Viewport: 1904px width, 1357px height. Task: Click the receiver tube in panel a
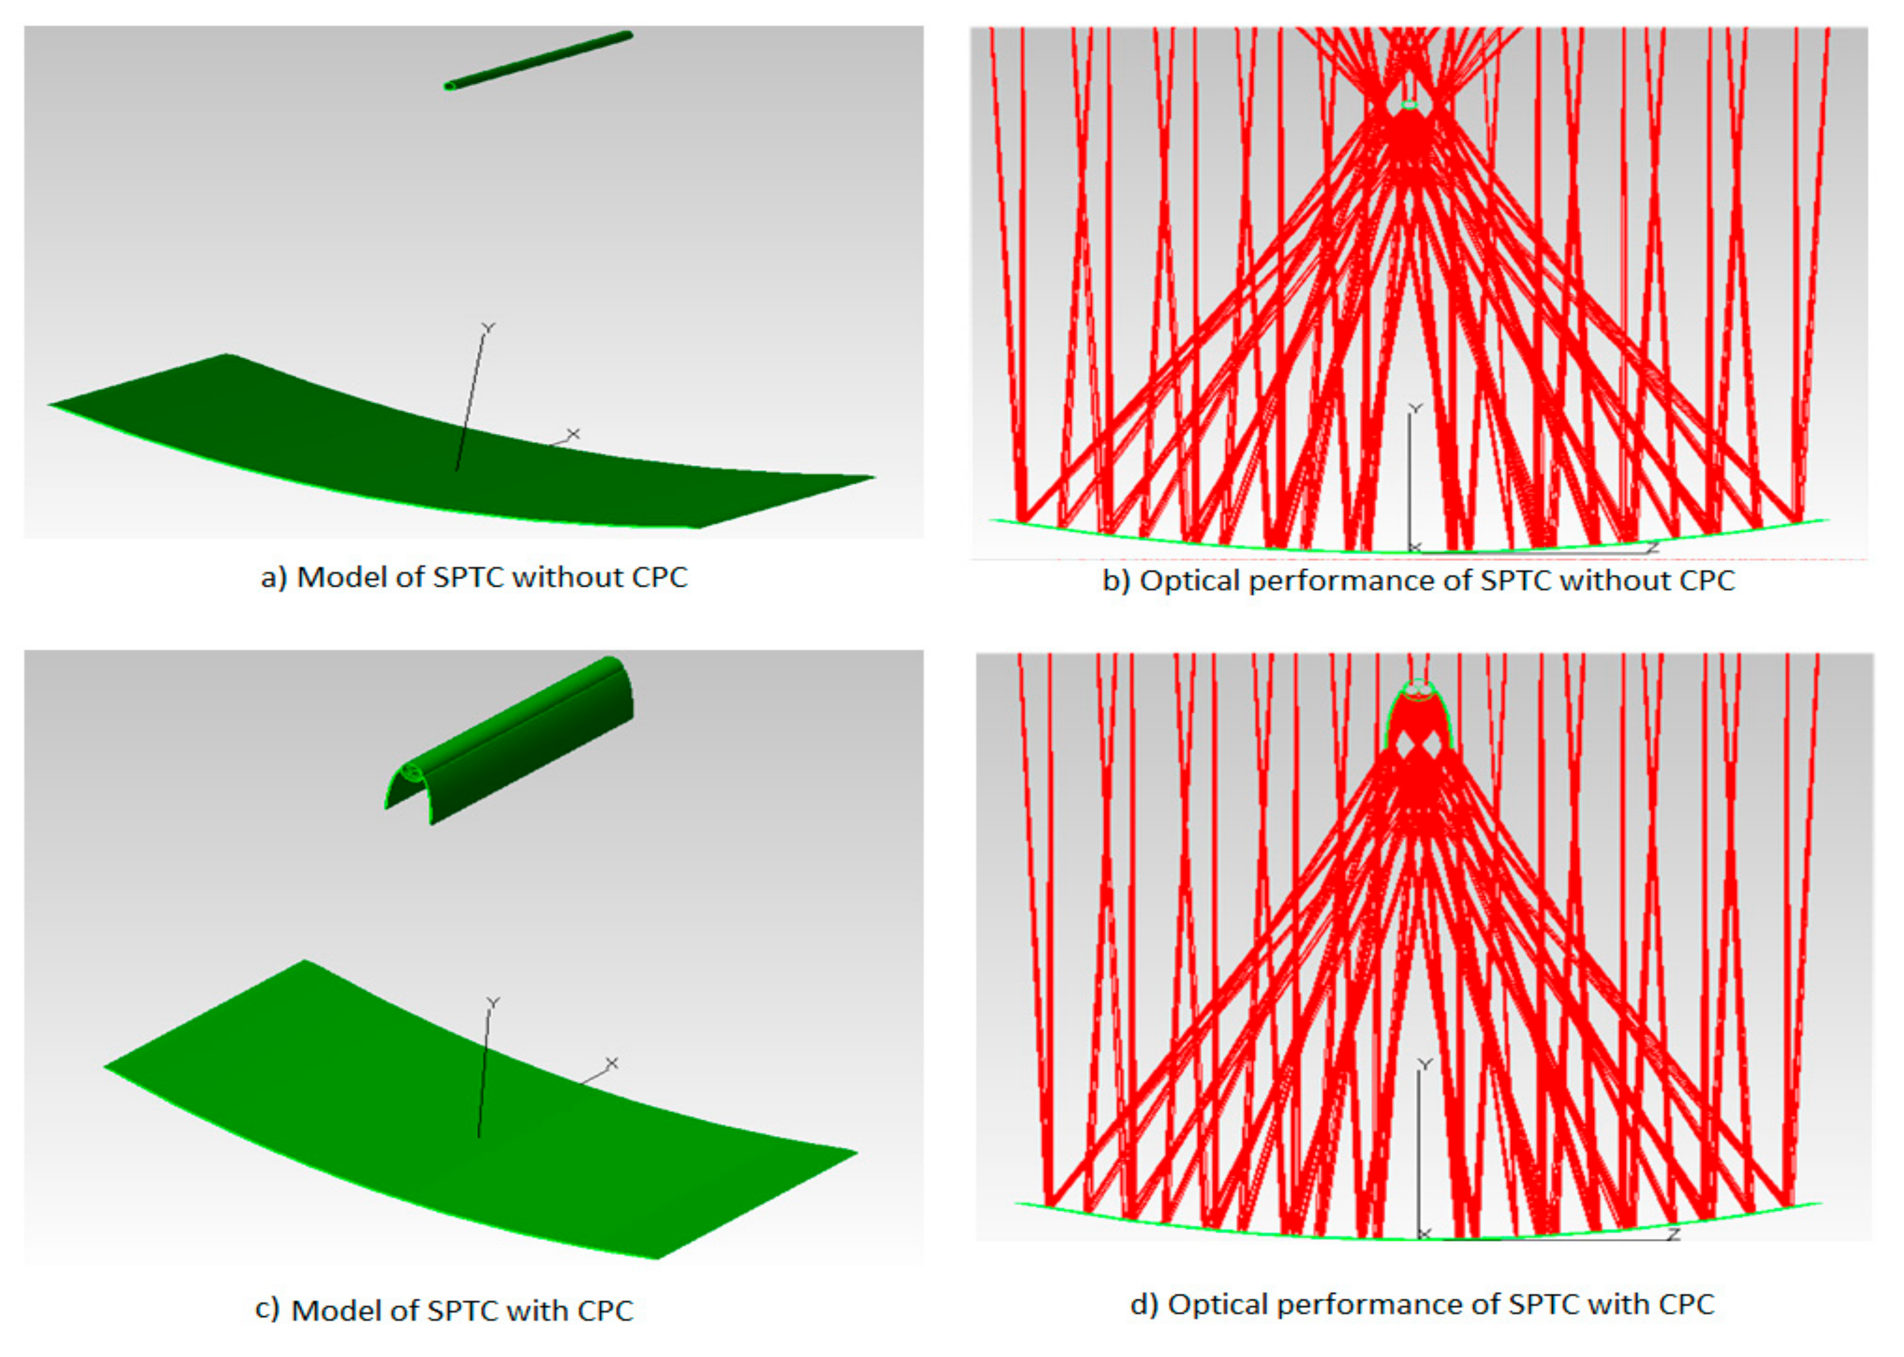pos(538,60)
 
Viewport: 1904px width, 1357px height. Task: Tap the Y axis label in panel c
pos(494,1003)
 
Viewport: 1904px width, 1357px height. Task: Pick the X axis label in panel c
pos(612,1063)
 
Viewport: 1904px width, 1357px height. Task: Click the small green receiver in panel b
pos(1410,105)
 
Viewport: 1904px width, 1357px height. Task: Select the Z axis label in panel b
pos(1652,547)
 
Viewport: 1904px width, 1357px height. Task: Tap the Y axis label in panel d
pos(1425,1064)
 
